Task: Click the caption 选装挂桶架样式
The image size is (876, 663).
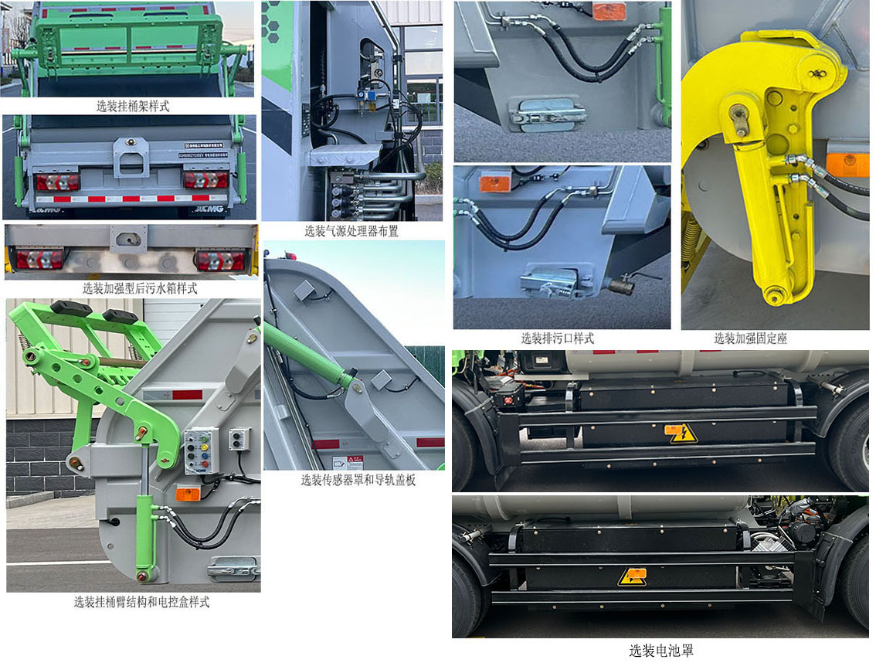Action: point(133,107)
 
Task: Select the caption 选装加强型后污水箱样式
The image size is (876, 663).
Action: point(140,289)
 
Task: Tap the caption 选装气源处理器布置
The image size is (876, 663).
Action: point(351,231)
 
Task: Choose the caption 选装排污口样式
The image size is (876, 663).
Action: point(557,338)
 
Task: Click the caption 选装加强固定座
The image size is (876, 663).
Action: point(750,338)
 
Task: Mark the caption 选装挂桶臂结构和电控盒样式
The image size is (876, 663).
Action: point(141,602)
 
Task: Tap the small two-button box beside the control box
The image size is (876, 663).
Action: point(239,439)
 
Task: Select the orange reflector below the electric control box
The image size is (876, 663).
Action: point(188,493)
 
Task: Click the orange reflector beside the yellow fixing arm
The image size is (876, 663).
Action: point(847,164)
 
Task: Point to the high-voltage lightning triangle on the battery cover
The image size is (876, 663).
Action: point(681,433)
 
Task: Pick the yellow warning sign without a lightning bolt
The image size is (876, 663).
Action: point(632,576)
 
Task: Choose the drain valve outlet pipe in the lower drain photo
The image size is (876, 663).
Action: point(621,287)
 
